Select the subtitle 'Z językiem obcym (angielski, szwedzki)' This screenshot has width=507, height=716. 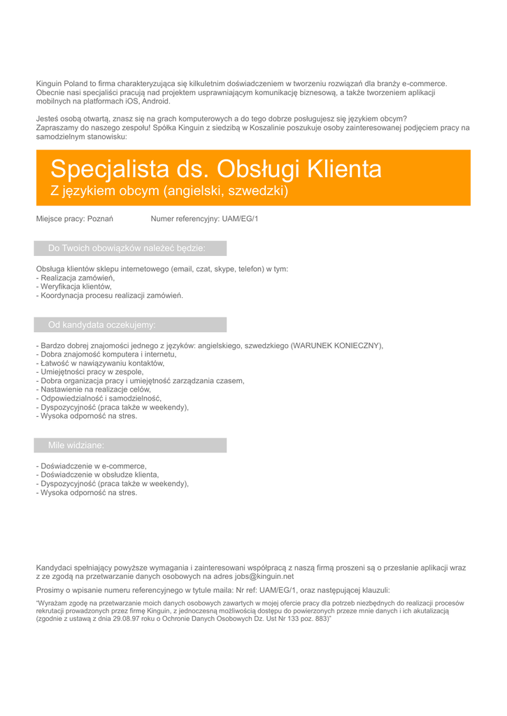(169, 191)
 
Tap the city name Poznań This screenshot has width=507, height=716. (100, 219)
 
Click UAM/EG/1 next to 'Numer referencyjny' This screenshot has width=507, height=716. (240, 219)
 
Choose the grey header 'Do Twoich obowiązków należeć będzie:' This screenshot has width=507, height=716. (127, 248)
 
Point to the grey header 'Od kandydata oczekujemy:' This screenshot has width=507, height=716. (102, 324)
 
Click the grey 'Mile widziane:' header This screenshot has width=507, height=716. (76, 445)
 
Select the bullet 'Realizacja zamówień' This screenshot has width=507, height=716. (78, 278)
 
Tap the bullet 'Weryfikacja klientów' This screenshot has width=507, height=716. (76, 287)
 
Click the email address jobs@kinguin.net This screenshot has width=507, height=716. (264, 577)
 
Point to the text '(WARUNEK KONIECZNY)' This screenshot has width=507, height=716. (337, 345)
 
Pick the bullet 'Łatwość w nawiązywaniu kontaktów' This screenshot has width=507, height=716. (102, 363)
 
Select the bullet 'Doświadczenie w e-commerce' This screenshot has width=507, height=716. (94, 466)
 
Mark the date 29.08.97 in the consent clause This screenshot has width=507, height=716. (120, 619)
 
